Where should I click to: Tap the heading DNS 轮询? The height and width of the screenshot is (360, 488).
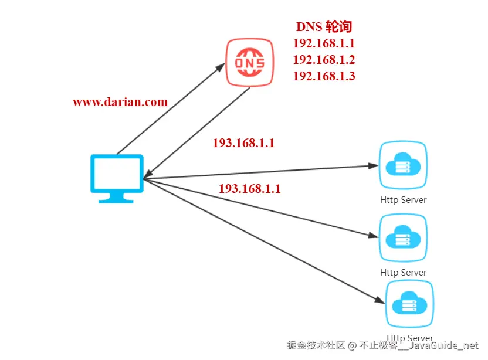click(324, 27)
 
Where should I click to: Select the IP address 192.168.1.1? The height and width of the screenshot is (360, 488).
click(324, 43)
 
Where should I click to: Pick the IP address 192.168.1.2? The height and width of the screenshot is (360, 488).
click(324, 60)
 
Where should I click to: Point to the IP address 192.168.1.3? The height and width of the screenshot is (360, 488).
click(324, 76)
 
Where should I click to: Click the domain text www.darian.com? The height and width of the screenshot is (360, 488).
click(120, 102)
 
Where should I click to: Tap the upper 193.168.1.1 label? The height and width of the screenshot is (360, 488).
click(243, 143)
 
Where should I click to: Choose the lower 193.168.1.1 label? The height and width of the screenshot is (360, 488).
click(250, 189)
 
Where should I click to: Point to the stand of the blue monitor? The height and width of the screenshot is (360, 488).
click(117, 198)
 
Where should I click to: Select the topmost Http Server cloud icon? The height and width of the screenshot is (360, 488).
click(403, 165)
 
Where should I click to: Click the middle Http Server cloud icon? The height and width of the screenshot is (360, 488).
click(403, 238)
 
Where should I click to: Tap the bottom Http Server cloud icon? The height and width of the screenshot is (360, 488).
click(409, 304)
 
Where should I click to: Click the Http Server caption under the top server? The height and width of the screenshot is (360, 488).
click(403, 200)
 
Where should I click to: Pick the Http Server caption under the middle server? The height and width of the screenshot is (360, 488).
click(403, 273)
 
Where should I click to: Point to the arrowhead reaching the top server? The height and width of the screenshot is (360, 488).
click(374, 166)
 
